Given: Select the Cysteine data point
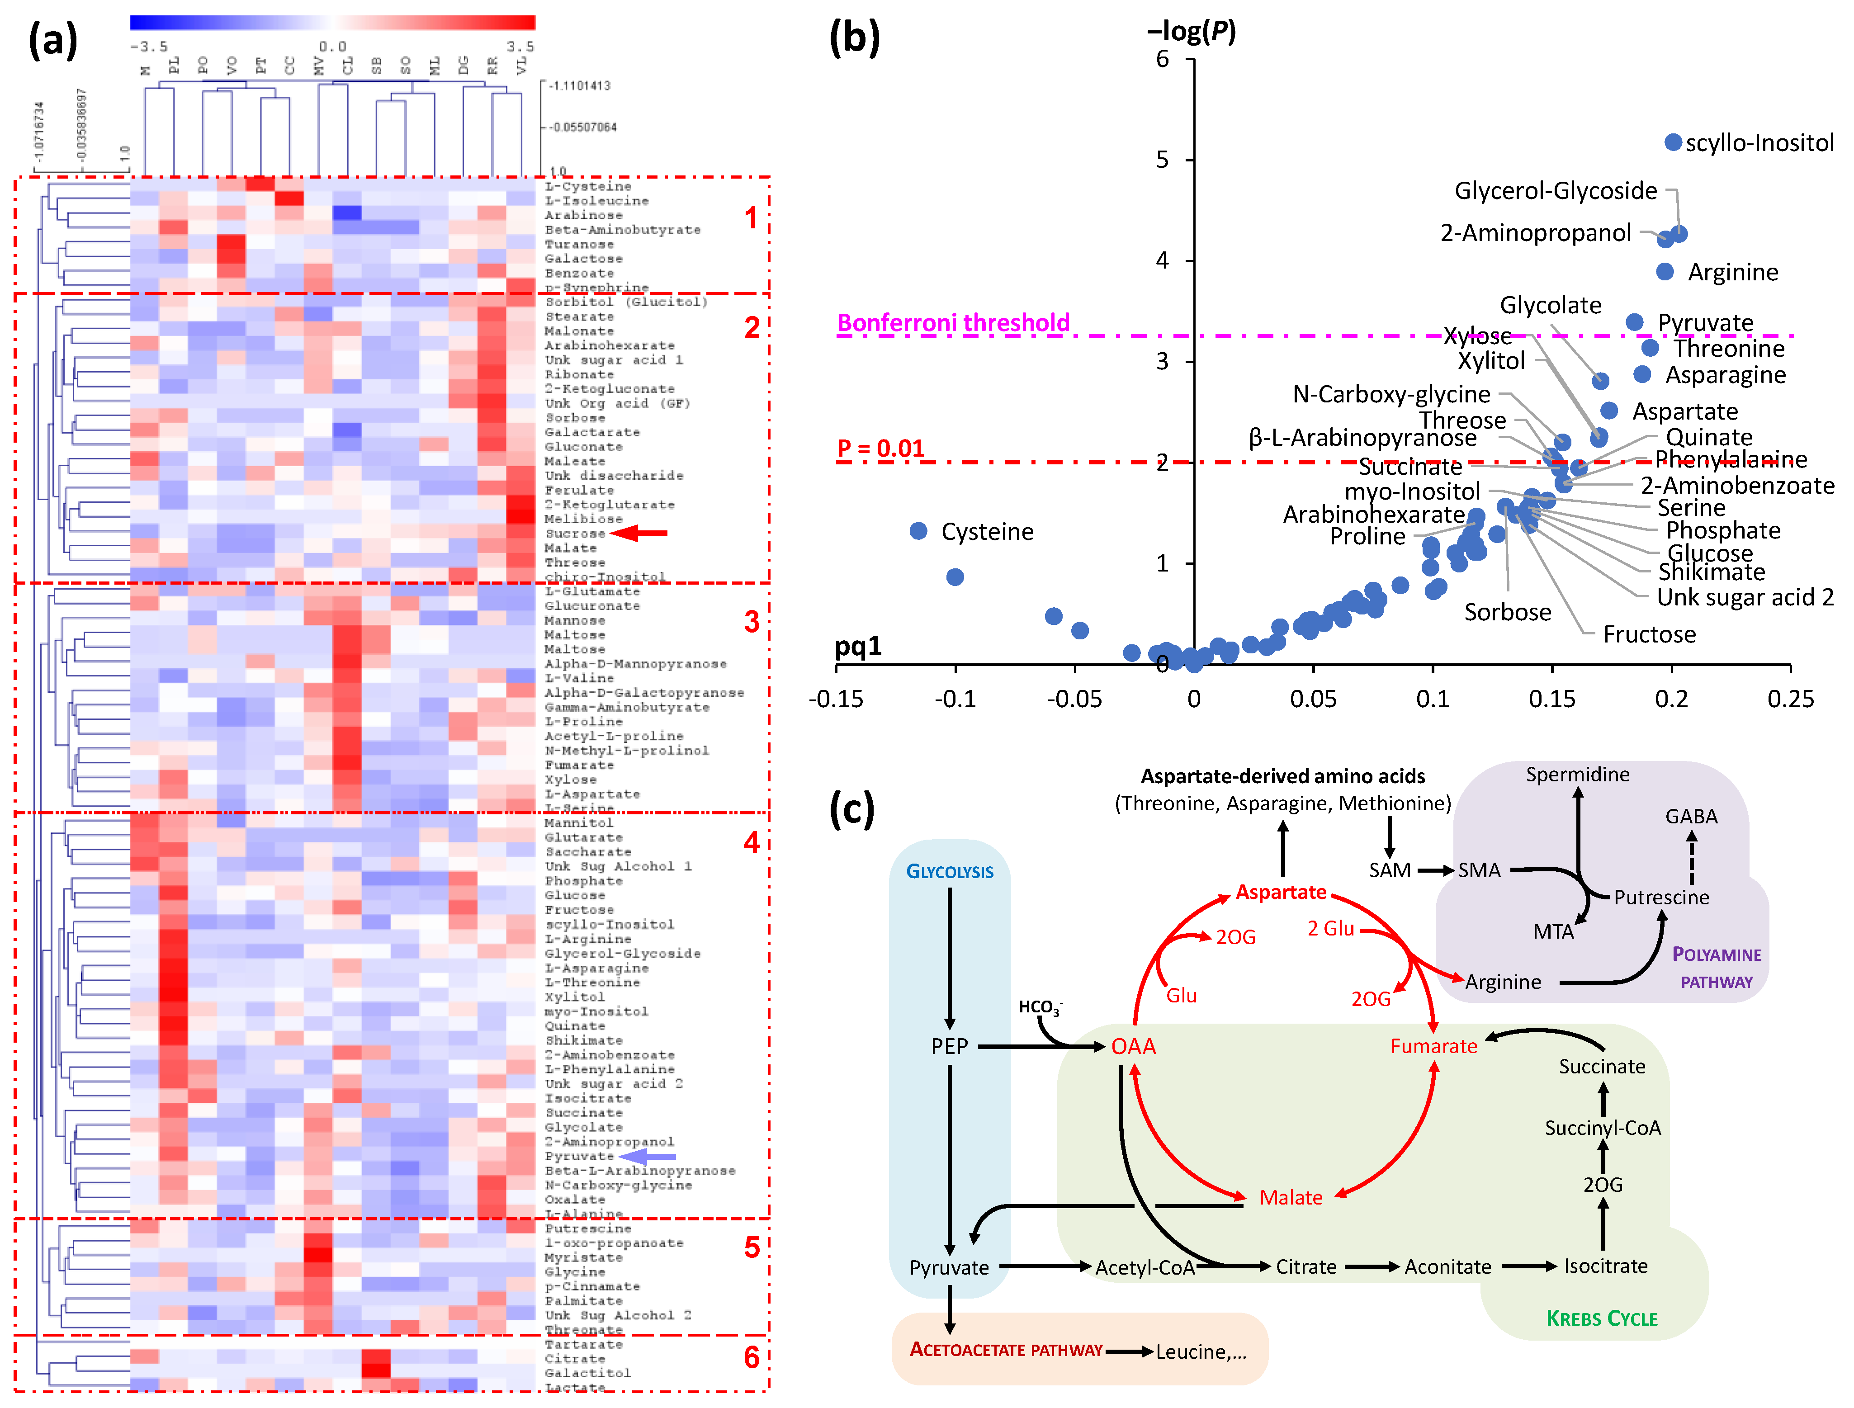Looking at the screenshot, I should coord(918,530).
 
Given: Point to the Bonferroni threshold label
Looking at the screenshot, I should coord(953,323).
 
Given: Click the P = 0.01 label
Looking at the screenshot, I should coord(880,449).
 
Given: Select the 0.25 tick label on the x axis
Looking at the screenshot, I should coord(1790,699).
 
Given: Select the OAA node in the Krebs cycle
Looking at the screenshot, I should coord(1133,1046).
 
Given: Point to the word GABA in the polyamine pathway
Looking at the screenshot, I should coord(1691,816).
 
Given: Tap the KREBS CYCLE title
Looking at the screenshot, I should coord(1602,1318).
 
